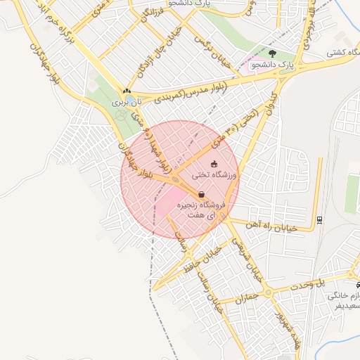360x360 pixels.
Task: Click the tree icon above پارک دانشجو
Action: click(272, 53)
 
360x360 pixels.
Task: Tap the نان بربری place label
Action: click(130, 102)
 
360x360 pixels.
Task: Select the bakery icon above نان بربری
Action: click(127, 91)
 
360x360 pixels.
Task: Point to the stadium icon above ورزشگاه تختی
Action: click(214, 165)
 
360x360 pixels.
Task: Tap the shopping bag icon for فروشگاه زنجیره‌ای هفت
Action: click(202, 194)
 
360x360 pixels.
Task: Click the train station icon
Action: click(320, 219)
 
